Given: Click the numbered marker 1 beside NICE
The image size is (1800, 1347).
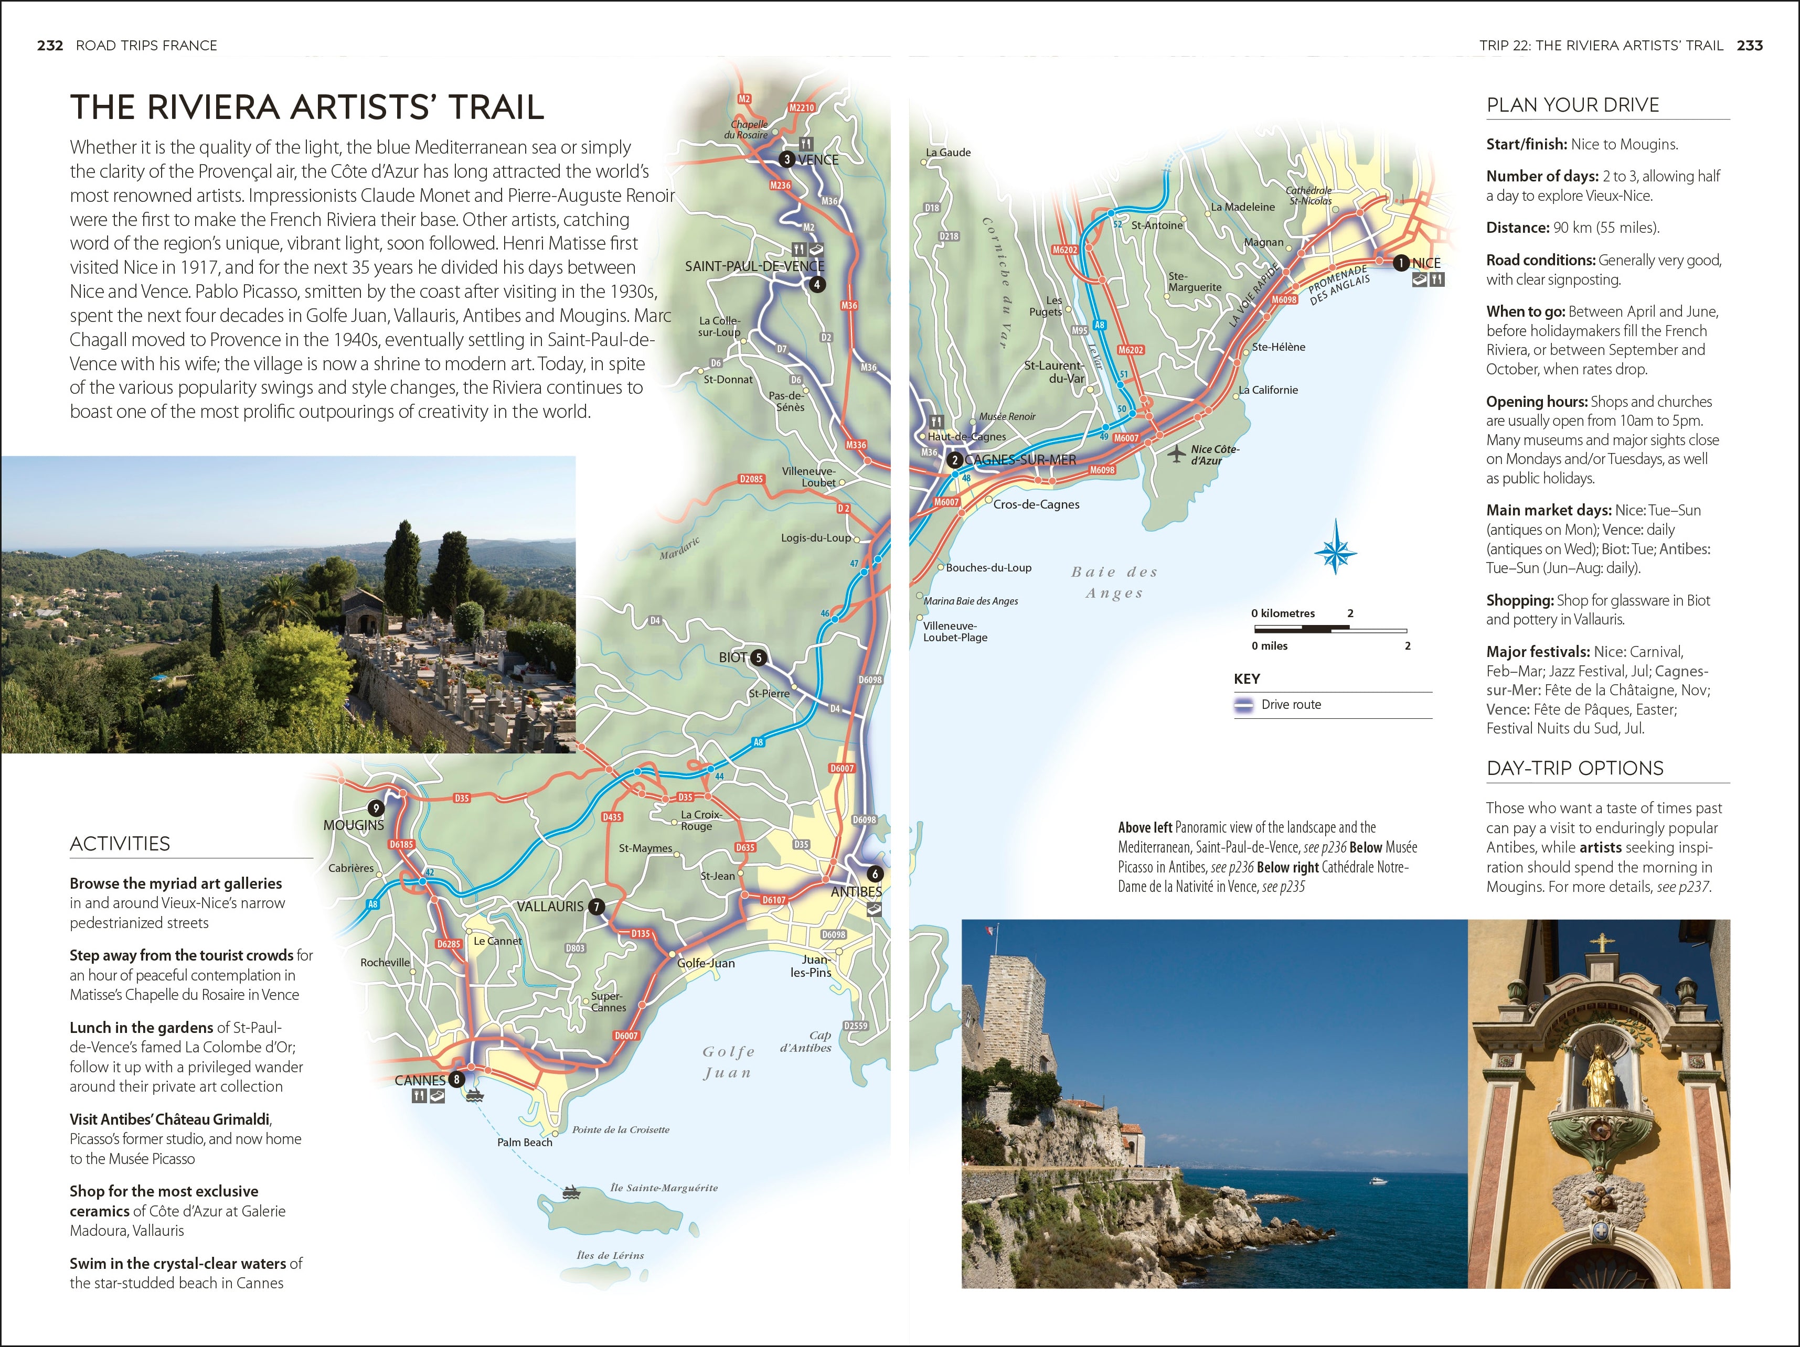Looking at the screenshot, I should point(1400,263).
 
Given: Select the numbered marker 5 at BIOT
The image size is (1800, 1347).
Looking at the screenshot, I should point(759,657).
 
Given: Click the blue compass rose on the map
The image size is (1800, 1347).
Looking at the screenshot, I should point(1335,553).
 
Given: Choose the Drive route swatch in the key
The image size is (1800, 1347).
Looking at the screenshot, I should point(1243,705).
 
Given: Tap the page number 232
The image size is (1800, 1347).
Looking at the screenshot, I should point(50,46).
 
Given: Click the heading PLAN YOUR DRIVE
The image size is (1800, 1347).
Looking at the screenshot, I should point(1572,105).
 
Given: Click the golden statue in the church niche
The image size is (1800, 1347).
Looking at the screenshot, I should point(1596,1078).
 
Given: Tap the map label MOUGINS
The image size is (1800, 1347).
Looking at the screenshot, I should point(353,825).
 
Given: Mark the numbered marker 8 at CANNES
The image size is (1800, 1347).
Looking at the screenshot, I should point(456,1080).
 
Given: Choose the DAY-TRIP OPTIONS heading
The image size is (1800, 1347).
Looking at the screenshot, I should point(1574,768).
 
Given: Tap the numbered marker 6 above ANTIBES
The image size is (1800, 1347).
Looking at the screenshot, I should point(875,874).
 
